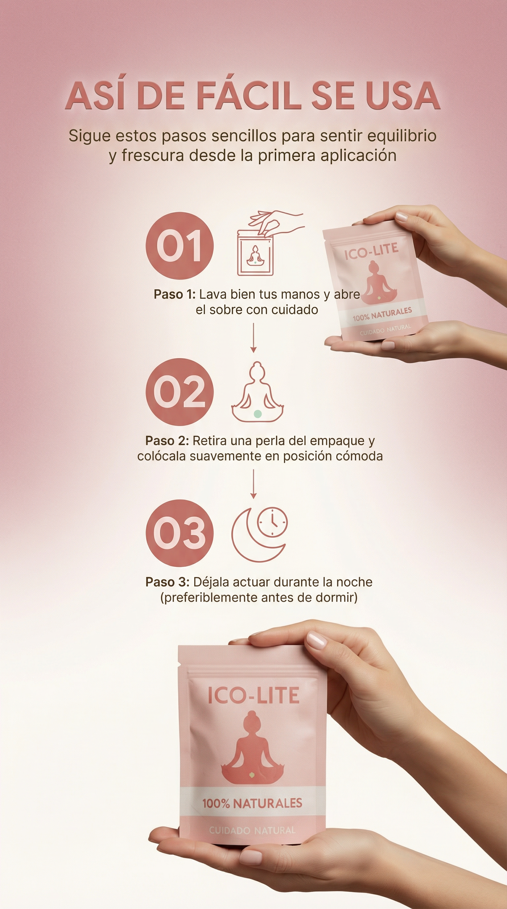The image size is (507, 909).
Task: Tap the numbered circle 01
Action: pyautogui.click(x=180, y=246)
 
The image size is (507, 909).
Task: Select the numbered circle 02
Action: pyautogui.click(x=180, y=392)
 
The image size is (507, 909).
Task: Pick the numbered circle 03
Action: pyautogui.click(x=180, y=533)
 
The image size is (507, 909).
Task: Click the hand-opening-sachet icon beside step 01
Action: pyautogui.click(x=270, y=243)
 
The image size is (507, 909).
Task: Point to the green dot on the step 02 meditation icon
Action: pyautogui.click(x=258, y=414)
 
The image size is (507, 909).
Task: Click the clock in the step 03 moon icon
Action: pyautogui.click(x=272, y=522)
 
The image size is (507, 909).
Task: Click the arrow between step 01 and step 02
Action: pyautogui.click(x=253, y=338)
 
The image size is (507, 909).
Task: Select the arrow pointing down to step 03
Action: pyautogui.click(x=253, y=484)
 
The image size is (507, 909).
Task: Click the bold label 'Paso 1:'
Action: pyautogui.click(x=175, y=294)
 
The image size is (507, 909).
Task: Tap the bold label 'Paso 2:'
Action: pyautogui.click(x=167, y=440)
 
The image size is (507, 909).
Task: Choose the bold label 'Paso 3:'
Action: pyautogui.click(x=167, y=582)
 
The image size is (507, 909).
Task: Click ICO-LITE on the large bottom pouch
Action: pyautogui.click(x=253, y=695)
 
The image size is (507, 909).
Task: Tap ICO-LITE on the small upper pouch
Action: pyautogui.click(x=371, y=251)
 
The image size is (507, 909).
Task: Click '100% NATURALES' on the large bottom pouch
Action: pyautogui.click(x=252, y=804)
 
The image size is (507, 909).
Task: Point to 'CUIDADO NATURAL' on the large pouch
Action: pyautogui.click(x=252, y=830)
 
